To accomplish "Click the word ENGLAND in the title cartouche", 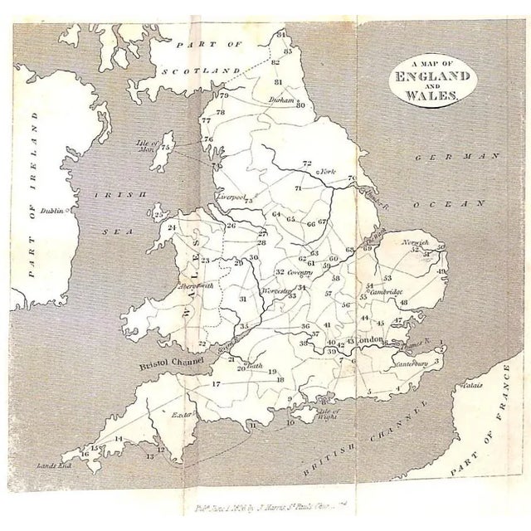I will pyautogui.click(x=426, y=82).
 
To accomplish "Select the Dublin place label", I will pyautogui.click(x=62, y=212).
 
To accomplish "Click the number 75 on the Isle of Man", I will pyautogui.click(x=166, y=148).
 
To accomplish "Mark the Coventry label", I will pyautogui.click(x=302, y=271).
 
